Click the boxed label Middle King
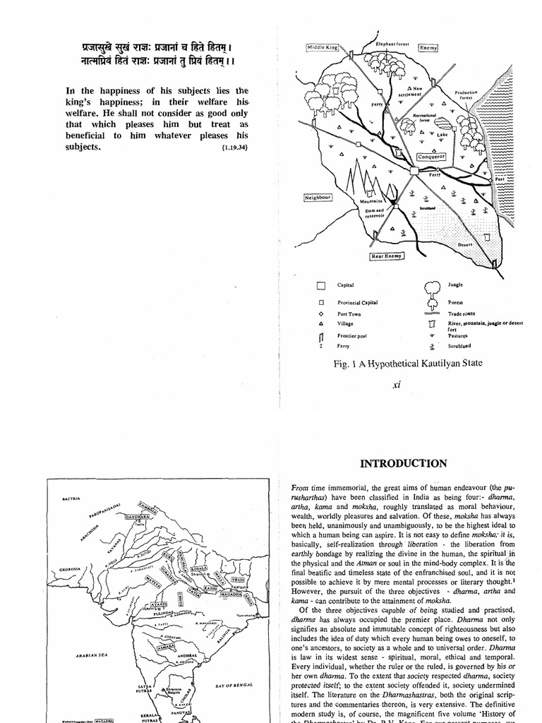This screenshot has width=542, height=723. [323, 47]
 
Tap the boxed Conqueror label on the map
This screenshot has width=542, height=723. [430, 157]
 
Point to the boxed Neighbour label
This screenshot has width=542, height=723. [318, 198]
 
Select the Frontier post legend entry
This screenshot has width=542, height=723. [353, 336]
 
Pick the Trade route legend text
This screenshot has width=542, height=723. [461, 313]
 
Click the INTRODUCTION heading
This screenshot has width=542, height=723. [403, 464]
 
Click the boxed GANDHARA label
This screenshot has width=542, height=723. [139, 517]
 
